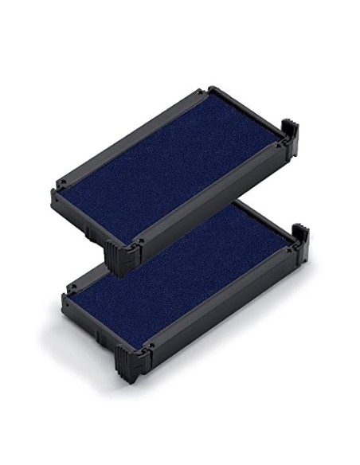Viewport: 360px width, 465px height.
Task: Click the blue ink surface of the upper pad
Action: pos(175,167)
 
